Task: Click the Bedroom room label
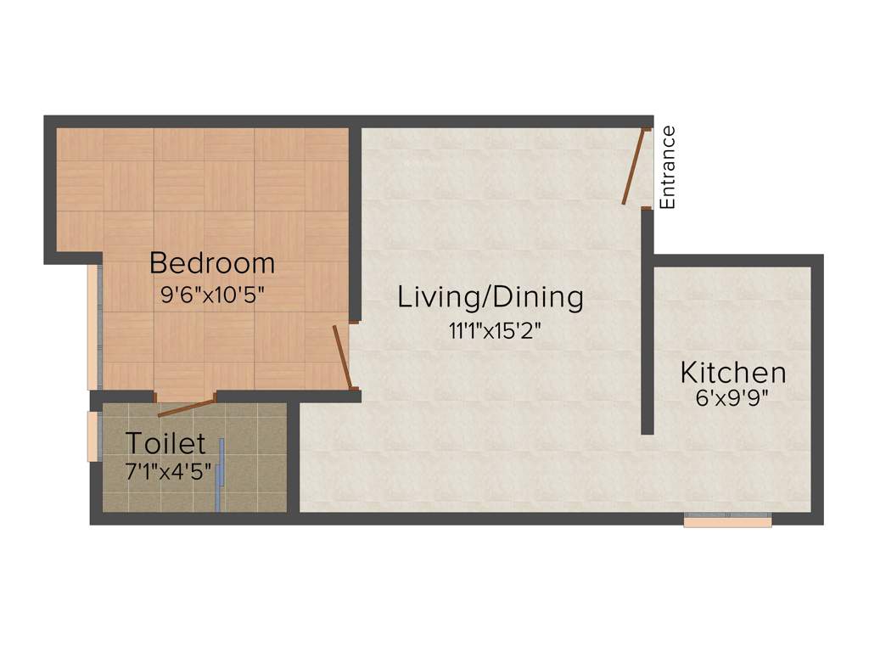pos(212,263)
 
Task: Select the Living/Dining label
pos(491,297)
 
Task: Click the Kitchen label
pos(733,373)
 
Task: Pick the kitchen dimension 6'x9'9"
pos(732,398)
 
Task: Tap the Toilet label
pos(165,443)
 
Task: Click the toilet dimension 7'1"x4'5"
pos(168,471)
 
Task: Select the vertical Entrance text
pos(669,167)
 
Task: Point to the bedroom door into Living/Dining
pos(342,357)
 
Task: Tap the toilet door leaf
pos(187,407)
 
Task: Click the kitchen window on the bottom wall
pos(727,521)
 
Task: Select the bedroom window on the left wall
pos(93,327)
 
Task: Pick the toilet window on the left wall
pos(93,436)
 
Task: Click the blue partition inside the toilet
pos(220,475)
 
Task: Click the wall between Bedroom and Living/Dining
pos(356,221)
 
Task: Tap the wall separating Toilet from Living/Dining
pos(293,458)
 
